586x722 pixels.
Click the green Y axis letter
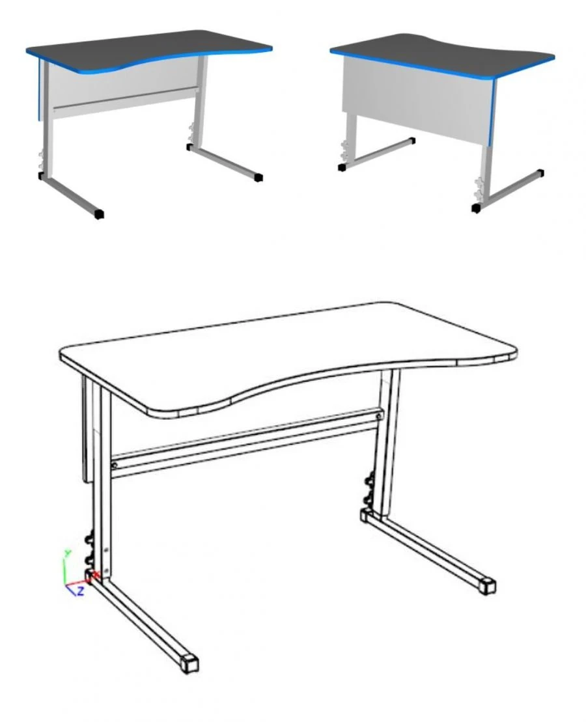coord(66,553)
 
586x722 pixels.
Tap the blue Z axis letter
coord(80,591)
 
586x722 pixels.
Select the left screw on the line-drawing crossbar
coord(115,465)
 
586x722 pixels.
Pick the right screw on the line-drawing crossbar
coord(378,411)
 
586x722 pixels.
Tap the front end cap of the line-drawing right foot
coord(486,585)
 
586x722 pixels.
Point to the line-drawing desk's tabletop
coord(286,352)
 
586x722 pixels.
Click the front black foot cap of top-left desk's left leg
coord(99,214)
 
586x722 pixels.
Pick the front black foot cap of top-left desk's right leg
coord(258,176)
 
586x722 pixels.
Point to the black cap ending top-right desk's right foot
coord(540,174)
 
